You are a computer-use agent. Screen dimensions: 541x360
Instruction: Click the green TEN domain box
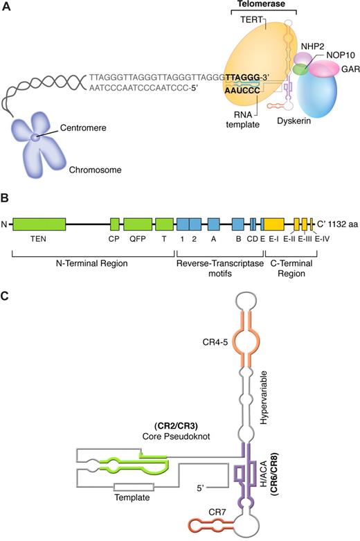pos(39,223)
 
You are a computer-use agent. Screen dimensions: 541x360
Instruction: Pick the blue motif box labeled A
pos(213,223)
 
